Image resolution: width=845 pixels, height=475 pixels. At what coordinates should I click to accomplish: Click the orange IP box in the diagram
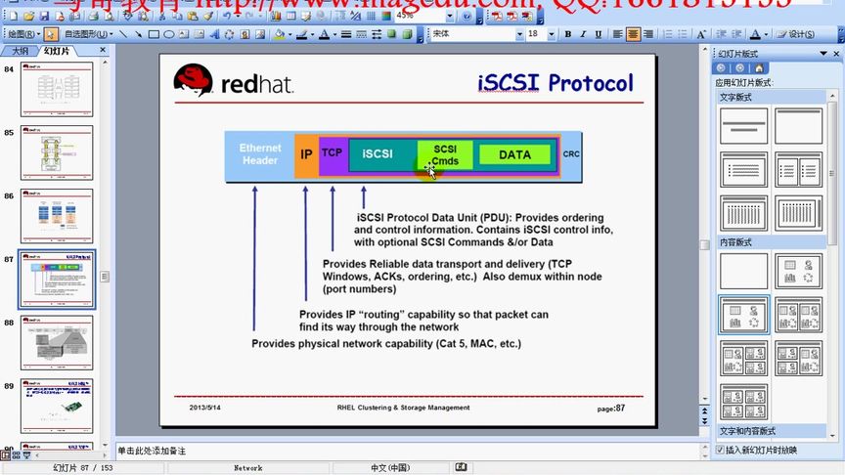pos(306,154)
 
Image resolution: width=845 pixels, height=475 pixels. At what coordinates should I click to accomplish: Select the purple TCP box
pos(333,153)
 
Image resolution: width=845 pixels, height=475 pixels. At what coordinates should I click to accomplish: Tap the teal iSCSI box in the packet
pos(378,154)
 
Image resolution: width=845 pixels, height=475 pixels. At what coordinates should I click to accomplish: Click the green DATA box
pos(514,154)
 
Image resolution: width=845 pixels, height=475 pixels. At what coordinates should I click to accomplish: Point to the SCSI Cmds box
pos(445,154)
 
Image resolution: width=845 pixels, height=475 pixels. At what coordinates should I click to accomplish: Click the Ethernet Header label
pos(260,154)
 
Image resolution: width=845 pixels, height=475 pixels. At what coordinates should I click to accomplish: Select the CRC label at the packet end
pos(571,154)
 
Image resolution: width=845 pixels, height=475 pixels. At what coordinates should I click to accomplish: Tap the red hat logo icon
pos(193,81)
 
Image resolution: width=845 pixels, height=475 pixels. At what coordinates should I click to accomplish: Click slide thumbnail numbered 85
pos(57,152)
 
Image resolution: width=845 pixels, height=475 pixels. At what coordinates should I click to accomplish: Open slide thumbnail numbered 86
pos(57,216)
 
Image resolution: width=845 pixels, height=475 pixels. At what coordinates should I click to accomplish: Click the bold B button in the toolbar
pos(568,34)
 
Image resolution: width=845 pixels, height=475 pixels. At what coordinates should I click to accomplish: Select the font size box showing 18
pos(534,34)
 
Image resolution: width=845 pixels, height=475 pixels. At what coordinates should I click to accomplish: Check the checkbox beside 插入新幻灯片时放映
pos(721,451)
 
